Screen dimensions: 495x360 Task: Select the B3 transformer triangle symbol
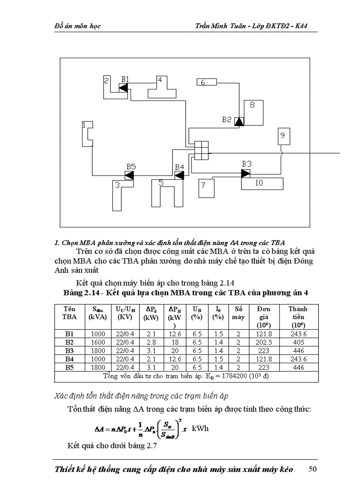246,173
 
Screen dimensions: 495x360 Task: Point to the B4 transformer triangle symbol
179,175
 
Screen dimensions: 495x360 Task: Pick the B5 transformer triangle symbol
129,175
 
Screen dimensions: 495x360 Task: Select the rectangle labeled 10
262,184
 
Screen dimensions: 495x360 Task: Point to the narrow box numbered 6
206,82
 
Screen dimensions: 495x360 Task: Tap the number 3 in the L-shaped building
117,186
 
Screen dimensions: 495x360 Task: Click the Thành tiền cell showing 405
298,342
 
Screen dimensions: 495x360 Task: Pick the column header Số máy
238,313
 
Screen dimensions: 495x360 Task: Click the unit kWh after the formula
200,428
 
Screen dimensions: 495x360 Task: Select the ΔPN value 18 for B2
175,342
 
